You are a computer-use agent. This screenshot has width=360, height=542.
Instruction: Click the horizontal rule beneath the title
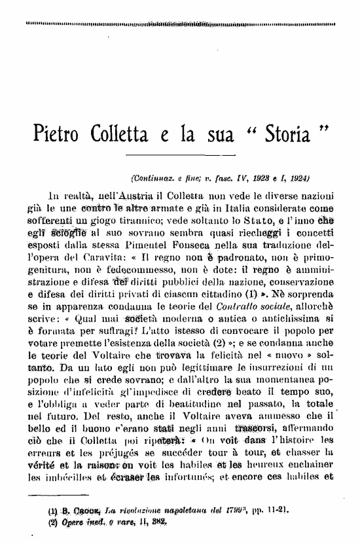188,156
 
